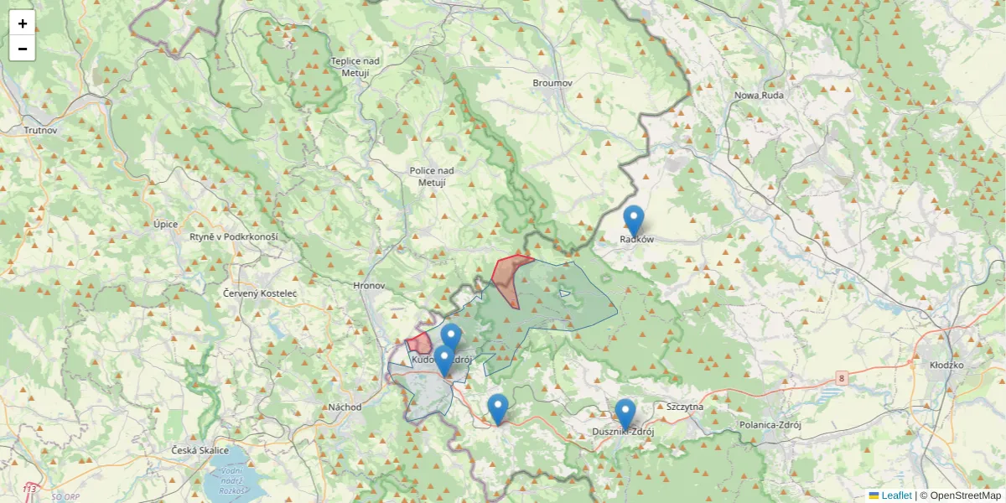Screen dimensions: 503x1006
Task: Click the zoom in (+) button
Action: (23, 23)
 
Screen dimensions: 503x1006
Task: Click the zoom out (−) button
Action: (23, 49)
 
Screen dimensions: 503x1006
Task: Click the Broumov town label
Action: (552, 83)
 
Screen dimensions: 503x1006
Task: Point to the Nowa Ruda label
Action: (759, 96)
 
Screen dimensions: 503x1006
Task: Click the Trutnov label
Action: (39, 130)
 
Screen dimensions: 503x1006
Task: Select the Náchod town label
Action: (345, 407)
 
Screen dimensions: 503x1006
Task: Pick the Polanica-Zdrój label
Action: (770, 425)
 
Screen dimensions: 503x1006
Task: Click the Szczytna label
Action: (685, 407)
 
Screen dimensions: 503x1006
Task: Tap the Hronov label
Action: (369, 286)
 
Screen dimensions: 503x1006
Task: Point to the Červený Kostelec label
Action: (260, 293)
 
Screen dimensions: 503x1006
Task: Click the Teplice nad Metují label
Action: (355, 67)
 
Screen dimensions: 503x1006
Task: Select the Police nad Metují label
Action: (432, 176)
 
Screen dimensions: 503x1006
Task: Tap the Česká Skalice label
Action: (200, 451)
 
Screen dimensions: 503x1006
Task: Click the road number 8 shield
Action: (841, 379)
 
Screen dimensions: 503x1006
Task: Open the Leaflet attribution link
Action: (895, 495)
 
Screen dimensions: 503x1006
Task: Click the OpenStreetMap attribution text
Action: (960, 495)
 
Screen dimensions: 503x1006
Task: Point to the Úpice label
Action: (166, 224)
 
